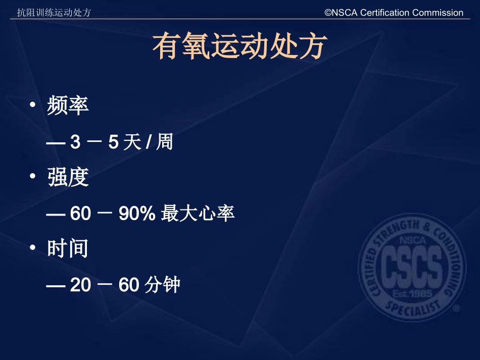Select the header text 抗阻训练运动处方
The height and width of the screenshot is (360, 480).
point(54,13)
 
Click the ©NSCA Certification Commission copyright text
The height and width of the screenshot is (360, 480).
point(394,13)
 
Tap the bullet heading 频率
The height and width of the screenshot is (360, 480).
point(68,106)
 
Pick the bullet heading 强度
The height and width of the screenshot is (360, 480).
point(68,177)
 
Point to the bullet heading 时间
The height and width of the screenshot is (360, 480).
point(68,249)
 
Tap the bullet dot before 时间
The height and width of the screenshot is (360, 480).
point(33,248)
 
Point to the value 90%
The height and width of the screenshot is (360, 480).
point(136,214)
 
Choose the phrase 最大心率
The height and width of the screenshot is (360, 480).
point(198,214)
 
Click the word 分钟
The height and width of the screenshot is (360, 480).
point(162,286)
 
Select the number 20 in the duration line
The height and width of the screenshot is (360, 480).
point(80,286)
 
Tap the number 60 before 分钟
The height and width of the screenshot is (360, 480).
point(129,286)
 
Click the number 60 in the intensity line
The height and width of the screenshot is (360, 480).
point(80,214)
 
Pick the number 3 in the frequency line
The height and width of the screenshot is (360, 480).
point(75,143)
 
